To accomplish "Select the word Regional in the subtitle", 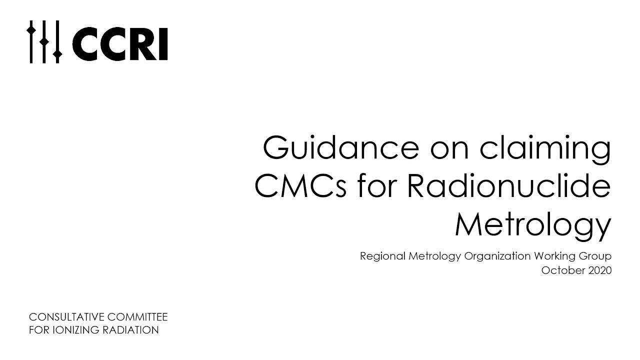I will (x=382, y=256).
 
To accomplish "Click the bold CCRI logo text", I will (x=120, y=44).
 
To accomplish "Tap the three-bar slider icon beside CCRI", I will (x=44, y=42).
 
